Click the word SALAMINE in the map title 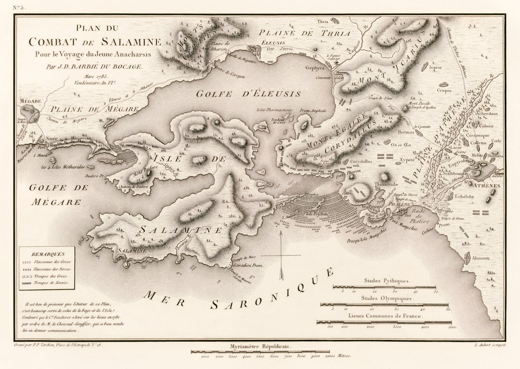point(118,43)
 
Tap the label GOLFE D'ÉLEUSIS point(248,94)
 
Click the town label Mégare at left point(28,101)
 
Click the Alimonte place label point(479,258)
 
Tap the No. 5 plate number point(18,7)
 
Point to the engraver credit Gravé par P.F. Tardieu point(58,345)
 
